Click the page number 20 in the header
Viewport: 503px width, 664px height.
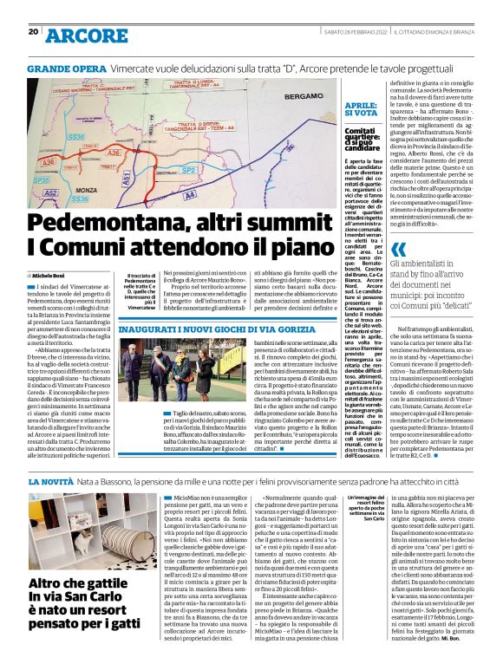tap(34, 32)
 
